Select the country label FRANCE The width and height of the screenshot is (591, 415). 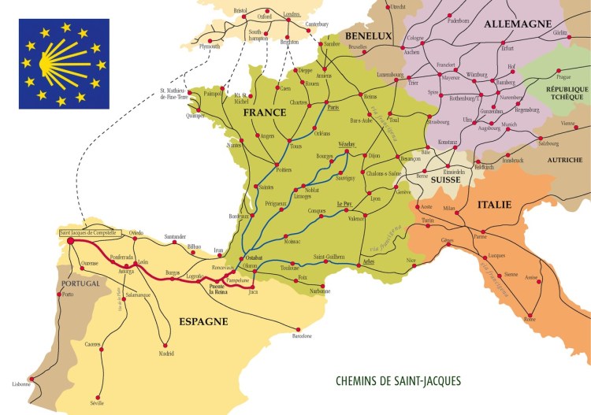tap(264, 113)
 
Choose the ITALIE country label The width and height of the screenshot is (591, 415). tap(495, 205)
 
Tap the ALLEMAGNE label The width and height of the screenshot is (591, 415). tap(517, 24)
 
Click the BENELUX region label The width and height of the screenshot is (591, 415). tap(367, 35)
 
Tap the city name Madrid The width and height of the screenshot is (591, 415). tap(166, 353)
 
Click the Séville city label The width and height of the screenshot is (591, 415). tap(97, 402)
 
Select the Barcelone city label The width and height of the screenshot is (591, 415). tap(301, 336)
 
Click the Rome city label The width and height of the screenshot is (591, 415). tap(530, 319)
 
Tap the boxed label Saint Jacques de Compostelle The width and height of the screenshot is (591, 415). tap(88, 233)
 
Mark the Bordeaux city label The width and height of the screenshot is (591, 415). tap(238, 215)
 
